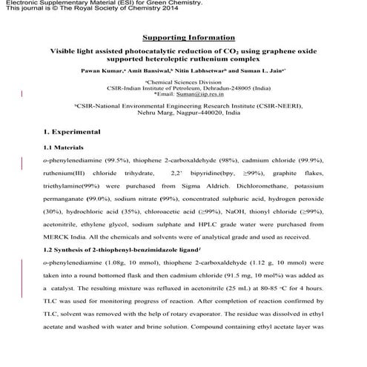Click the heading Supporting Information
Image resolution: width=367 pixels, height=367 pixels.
tap(182, 37)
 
